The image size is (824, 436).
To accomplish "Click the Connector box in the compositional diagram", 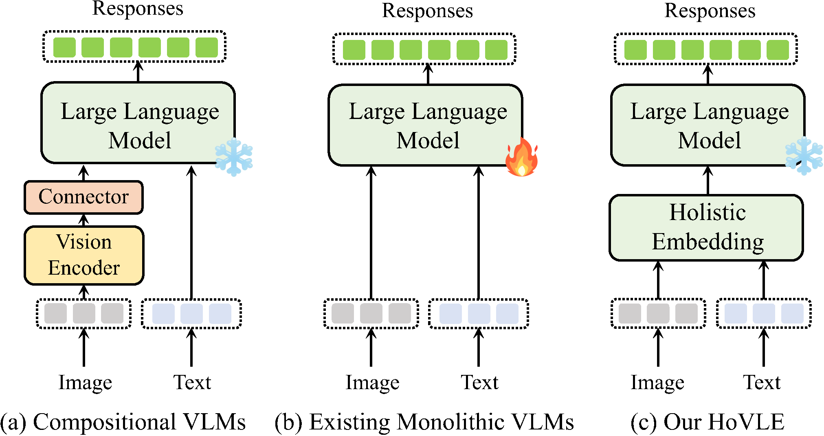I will point(83,197).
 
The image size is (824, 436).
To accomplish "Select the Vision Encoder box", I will point(84,255).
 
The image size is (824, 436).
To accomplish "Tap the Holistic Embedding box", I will point(707,227).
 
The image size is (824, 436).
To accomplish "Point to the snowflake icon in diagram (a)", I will point(234,157).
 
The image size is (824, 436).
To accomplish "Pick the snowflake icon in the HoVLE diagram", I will point(804,156).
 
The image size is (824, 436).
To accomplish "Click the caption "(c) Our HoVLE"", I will point(708,422).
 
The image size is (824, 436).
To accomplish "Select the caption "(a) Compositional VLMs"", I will point(123,422).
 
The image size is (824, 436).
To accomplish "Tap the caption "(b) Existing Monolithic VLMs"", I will point(424,422).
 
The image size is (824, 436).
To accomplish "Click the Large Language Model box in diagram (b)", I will point(426,125).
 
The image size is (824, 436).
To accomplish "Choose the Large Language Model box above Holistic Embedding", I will point(708,125).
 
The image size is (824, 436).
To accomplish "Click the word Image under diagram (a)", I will point(85,382).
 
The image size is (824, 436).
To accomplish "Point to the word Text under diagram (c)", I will point(762,382).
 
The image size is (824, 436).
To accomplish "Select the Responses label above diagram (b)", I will point(427,11).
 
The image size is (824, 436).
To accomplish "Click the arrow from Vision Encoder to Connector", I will point(84,220).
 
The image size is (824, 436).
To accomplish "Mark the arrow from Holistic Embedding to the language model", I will point(708,181).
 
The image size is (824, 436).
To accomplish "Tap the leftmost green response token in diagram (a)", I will point(64,47).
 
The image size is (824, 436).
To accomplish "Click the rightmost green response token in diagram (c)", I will point(778,50).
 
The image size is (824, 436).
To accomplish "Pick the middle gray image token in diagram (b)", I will point(371,313).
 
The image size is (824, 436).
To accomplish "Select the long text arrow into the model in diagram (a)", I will point(191,232).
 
